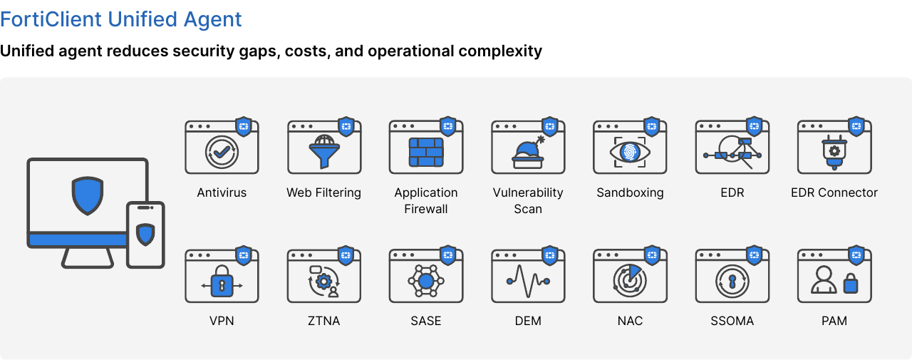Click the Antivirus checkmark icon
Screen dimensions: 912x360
(222, 153)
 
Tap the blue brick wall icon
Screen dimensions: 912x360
(426, 153)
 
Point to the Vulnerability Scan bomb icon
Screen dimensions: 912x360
(528, 153)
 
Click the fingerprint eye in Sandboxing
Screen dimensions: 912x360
(630, 153)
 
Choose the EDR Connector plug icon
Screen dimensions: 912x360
(834, 153)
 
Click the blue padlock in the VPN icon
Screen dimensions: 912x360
(222, 285)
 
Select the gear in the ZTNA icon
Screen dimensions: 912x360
(323, 281)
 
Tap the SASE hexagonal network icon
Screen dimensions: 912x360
(426, 281)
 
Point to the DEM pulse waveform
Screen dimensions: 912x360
(528, 281)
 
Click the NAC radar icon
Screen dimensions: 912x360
(630, 281)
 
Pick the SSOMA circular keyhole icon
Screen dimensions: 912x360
(732, 281)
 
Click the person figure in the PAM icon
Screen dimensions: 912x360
(824, 279)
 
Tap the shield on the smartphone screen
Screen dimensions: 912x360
(145, 234)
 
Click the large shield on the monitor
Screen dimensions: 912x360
(88, 195)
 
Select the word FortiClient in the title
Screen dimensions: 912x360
(51, 19)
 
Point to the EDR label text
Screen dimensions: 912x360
(732, 192)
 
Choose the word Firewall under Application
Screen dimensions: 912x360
(426, 209)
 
